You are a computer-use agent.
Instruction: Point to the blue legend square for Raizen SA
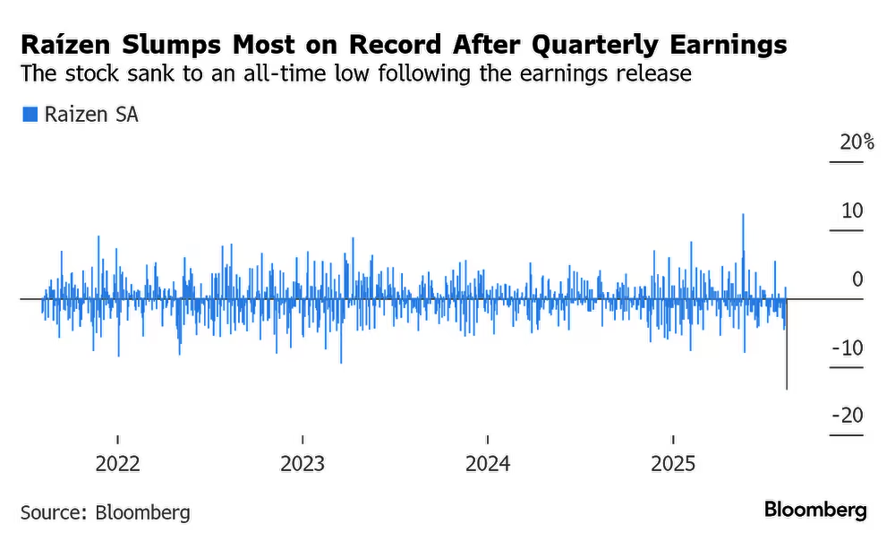[30, 114]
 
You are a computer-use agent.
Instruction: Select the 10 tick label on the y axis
[852, 211]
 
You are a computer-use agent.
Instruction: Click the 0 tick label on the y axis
[857, 279]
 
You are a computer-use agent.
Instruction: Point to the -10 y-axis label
[847, 348]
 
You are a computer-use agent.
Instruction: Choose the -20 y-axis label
[847, 416]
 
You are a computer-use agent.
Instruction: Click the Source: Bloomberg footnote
[106, 513]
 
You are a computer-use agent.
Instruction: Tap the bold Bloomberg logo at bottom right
[815, 511]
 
